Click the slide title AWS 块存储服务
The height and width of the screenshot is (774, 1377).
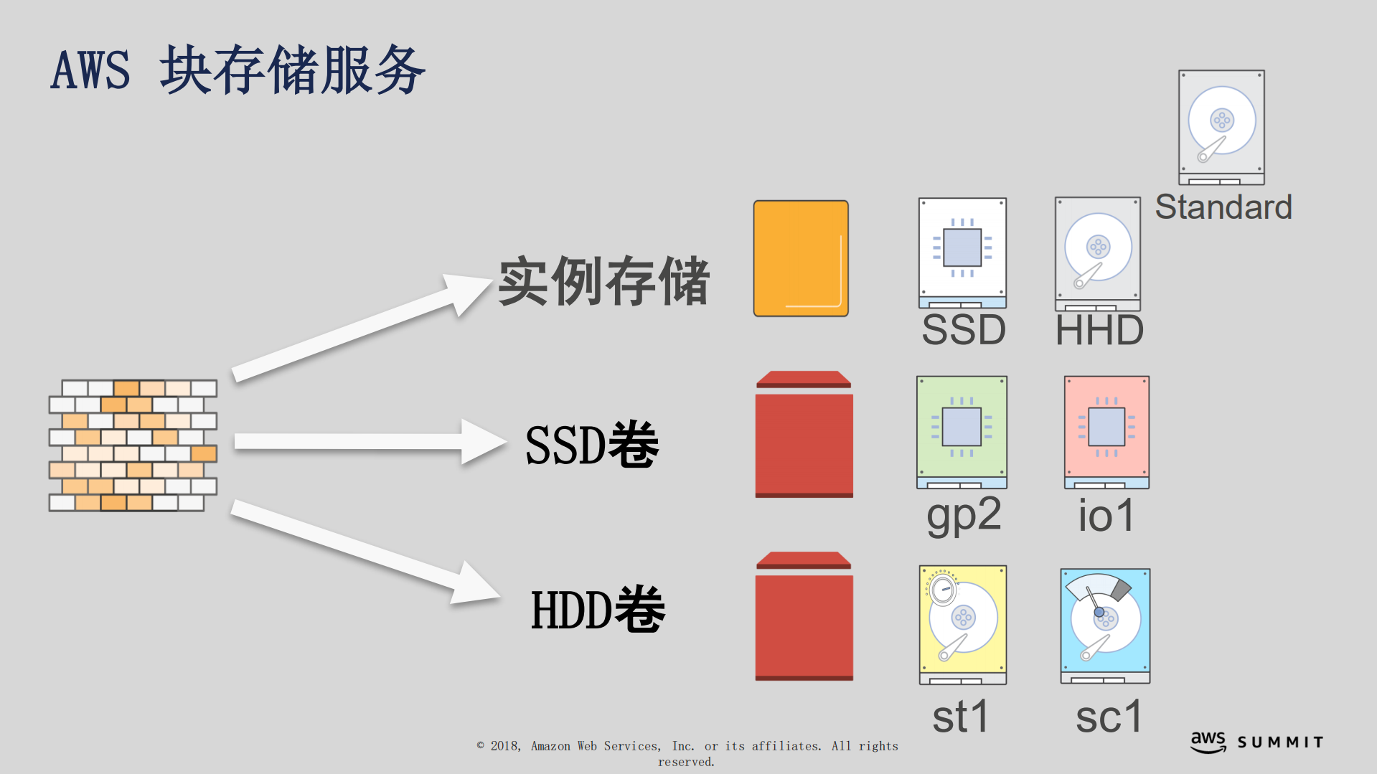(x=238, y=70)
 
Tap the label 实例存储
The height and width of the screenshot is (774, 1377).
(x=603, y=281)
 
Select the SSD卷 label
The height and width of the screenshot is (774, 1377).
(x=592, y=445)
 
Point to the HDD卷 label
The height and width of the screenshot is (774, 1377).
(x=598, y=610)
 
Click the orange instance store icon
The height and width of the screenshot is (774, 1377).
(x=801, y=258)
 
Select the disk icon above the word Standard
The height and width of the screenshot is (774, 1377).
(x=1221, y=127)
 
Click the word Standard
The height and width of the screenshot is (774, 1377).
(x=1223, y=207)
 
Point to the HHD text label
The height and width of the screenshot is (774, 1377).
(x=1099, y=331)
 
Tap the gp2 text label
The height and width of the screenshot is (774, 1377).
(x=964, y=515)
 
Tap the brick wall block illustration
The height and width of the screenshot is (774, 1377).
(x=133, y=445)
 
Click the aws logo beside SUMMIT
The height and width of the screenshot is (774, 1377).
(x=1208, y=742)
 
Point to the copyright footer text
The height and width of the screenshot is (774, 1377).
(x=687, y=753)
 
